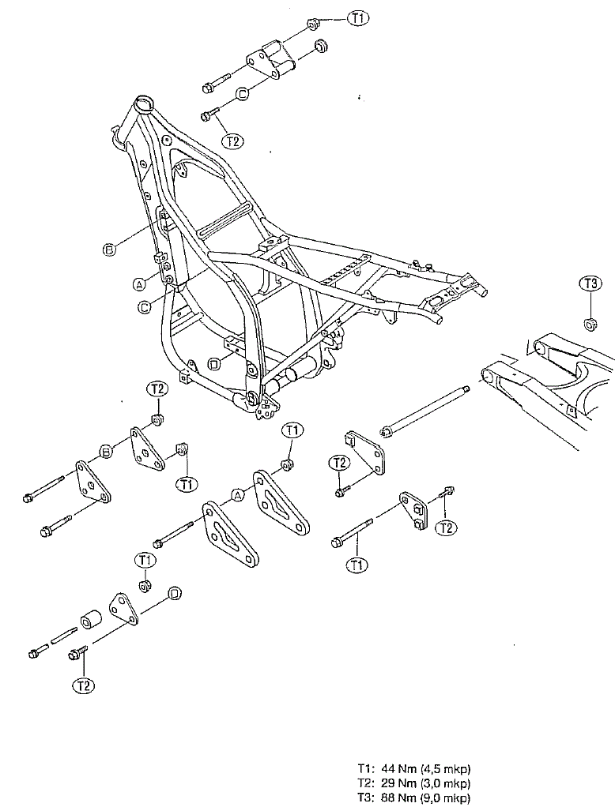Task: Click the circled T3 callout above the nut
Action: click(590, 283)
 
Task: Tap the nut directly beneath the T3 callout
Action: click(590, 324)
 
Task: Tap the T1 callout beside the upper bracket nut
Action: click(358, 18)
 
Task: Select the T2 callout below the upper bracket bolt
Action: click(233, 141)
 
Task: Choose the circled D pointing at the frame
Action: click(214, 364)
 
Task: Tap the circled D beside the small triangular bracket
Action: click(175, 594)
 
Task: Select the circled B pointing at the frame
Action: click(110, 250)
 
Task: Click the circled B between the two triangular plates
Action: click(106, 452)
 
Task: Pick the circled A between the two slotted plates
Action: click(237, 495)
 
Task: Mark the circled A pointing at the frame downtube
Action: click(138, 283)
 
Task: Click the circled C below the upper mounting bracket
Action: click(243, 94)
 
